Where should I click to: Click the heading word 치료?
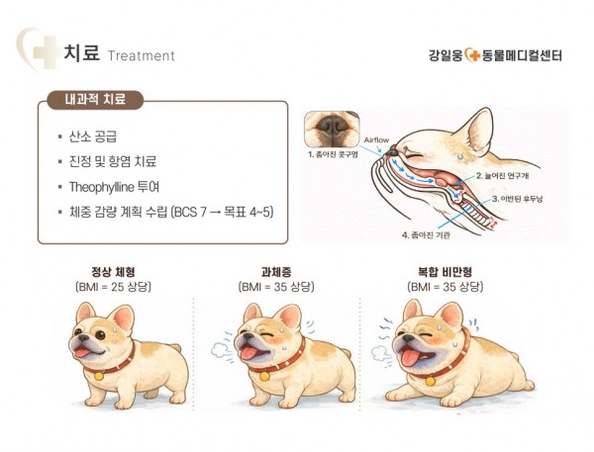click(x=82, y=52)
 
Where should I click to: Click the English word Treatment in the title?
click(x=142, y=56)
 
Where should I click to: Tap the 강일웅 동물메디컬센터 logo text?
click(x=496, y=55)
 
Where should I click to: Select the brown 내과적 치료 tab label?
click(x=95, y=100)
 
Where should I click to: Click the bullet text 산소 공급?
click(x=93, y=136)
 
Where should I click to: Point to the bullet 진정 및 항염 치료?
click(x=113, y=161)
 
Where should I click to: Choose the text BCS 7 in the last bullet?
click(x=189, y=212)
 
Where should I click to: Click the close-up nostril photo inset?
click(x=333, y=130)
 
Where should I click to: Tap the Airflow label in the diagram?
click(x=376, y=140)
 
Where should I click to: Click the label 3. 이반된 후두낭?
click(x=517, y=199)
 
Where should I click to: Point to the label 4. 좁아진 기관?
click(x=426, y=235)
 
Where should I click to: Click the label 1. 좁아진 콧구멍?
click(x=333, y=154)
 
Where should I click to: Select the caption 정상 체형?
click(x=113, y=271)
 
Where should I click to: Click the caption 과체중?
click(x=276, y=271)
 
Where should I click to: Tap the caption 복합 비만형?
click(x=445, y=271)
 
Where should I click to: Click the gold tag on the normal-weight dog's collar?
click(x=99, y=376)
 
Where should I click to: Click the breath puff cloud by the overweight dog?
click(x=221, y=350)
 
